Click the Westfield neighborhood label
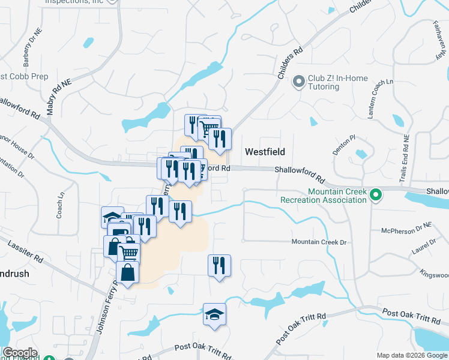264,152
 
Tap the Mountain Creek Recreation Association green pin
376,194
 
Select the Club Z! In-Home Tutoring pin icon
299,82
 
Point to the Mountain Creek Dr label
319,242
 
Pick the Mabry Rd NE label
59,98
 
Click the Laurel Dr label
424,247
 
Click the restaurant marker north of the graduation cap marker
219,265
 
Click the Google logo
19,353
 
